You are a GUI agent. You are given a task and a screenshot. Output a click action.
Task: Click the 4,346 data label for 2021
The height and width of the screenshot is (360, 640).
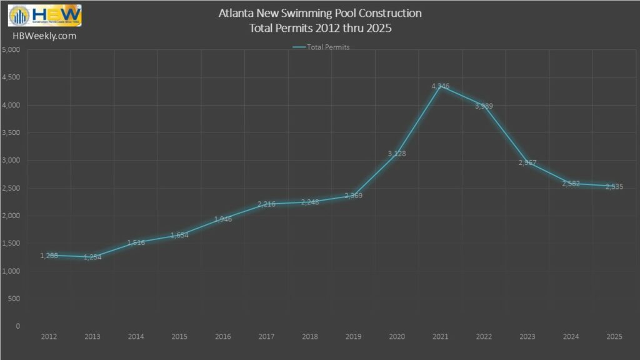[x=440, y=86]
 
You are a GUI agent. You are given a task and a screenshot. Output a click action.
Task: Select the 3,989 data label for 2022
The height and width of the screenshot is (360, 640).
[x=483, y=106]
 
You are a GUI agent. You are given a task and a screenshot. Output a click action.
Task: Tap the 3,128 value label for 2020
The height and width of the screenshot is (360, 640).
[x=397, y=154]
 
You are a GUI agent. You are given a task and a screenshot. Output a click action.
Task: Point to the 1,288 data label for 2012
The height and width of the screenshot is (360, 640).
[x=49, y=256]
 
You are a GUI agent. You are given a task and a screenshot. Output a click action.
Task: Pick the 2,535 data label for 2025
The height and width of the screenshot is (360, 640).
[x=614, y=187]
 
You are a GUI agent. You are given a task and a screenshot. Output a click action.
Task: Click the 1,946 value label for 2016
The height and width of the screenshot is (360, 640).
[x=223, y=219]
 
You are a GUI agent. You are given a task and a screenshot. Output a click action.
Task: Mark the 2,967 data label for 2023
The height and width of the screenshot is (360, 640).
[x=527, y=163]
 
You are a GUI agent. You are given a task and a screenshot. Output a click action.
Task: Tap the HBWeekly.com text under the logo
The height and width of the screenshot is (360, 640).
[x=44, y=36]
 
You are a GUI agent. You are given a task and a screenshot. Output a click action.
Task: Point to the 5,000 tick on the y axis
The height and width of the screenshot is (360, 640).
[x=11, y=51]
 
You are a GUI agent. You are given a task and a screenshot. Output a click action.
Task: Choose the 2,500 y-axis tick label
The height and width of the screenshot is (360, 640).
[x=11, y=188]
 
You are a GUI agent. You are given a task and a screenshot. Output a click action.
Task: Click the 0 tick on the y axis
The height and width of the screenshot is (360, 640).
[x=18, y=326]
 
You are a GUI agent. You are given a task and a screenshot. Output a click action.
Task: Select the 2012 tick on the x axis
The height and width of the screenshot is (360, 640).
[x=49, y=337]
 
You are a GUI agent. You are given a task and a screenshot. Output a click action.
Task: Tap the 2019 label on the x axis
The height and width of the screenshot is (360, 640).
[x=353, y=337]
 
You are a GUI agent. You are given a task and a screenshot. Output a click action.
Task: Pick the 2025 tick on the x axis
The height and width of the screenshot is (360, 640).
[x=614, y=337]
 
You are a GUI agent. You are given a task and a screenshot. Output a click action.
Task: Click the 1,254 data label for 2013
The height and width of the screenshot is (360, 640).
[x=92, y=257]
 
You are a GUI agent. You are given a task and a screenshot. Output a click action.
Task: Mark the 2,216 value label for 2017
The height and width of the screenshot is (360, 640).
[x=266, y=204]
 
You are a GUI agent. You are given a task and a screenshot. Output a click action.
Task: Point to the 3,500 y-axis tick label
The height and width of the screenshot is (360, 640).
[x=11, y=133]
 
